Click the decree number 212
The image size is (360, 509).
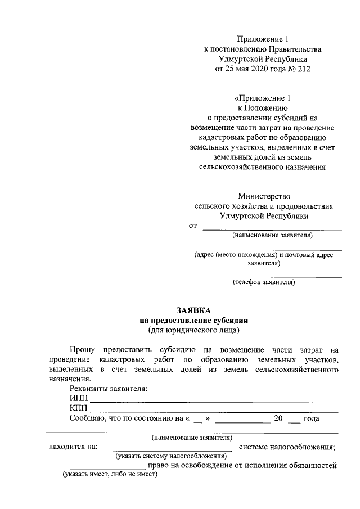[x=303, y=69]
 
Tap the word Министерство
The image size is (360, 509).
[x=264, y=196]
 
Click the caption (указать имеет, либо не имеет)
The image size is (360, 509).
[x=110, y=475]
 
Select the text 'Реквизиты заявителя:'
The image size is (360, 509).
[x=109, y=389]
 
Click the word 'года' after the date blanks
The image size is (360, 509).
[x=311, y=419]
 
